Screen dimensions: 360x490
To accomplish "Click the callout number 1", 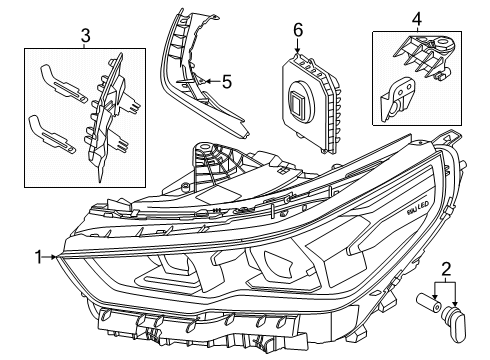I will (37, 257).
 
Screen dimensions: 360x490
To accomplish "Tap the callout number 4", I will (417, 18).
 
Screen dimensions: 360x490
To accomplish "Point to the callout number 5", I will (227, 82).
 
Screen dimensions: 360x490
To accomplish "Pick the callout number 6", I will (297, 31).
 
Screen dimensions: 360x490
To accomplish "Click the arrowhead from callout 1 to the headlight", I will (60, 257).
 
